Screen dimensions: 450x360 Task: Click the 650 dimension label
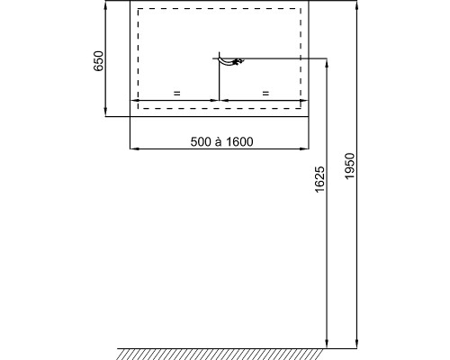coord(98,61)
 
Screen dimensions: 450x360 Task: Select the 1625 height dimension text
coord(319,179)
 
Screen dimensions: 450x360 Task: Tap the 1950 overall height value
coord(350,166)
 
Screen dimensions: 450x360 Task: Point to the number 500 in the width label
coord(201,141)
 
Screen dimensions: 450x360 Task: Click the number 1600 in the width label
coord(239,141)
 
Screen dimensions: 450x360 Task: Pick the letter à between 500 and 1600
coord(219,141)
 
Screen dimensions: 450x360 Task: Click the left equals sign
coord(177,94)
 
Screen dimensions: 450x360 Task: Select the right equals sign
coord(265,94)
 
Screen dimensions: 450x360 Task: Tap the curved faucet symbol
coord(230,61)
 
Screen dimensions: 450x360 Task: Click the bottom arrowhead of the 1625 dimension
coord(327,344)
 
